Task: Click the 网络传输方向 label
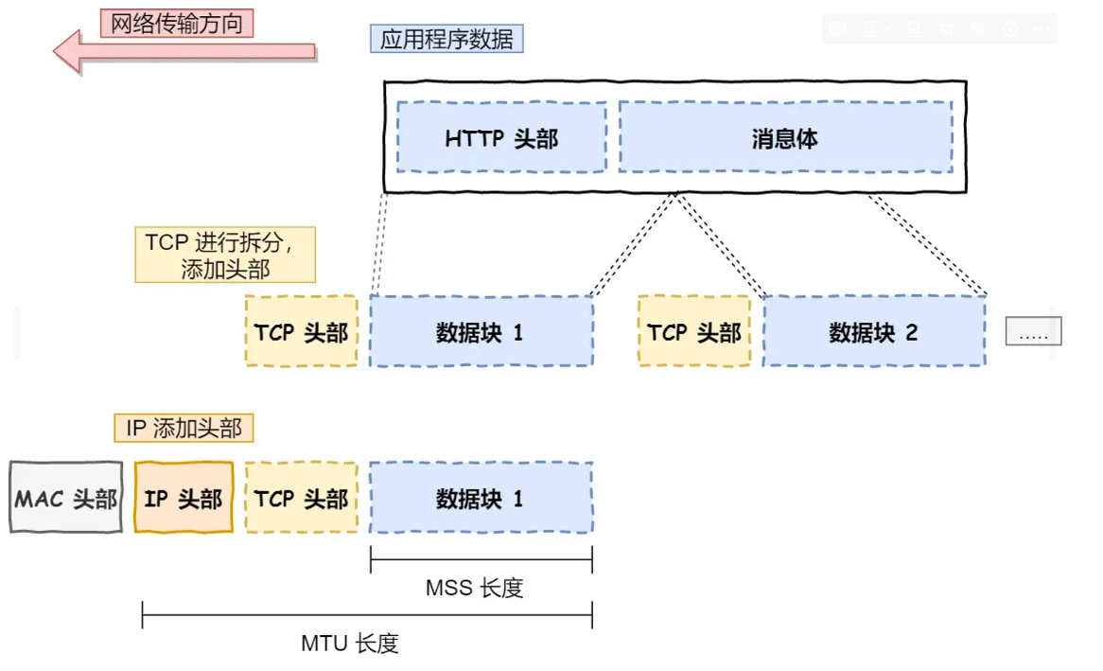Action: tap(177, 24)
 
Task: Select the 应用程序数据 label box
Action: tap(446, 39)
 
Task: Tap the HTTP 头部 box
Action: tap(501, 138)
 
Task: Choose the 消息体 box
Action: tap(785, 138)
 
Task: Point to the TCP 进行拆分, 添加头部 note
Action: tap(225, 255)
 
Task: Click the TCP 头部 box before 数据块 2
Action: tap(694, 332)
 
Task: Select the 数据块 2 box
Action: tap(874, 332)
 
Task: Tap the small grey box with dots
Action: tap(1033, 332)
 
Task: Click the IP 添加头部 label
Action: tap(184, 428)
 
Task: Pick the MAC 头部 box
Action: tap(66, 498)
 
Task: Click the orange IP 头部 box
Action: tap(184, 498)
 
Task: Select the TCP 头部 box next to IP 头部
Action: tap(302, 498)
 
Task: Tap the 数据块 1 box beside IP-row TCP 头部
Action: tap(481, 498)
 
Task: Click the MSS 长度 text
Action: tap(474, 588)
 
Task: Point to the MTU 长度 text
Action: tap(350, 644)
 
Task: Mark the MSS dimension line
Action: tap(481, 561)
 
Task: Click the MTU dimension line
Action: tap(367, 616)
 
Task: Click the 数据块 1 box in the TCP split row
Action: tap(481, 332)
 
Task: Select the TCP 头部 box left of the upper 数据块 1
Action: tap(302, 332)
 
